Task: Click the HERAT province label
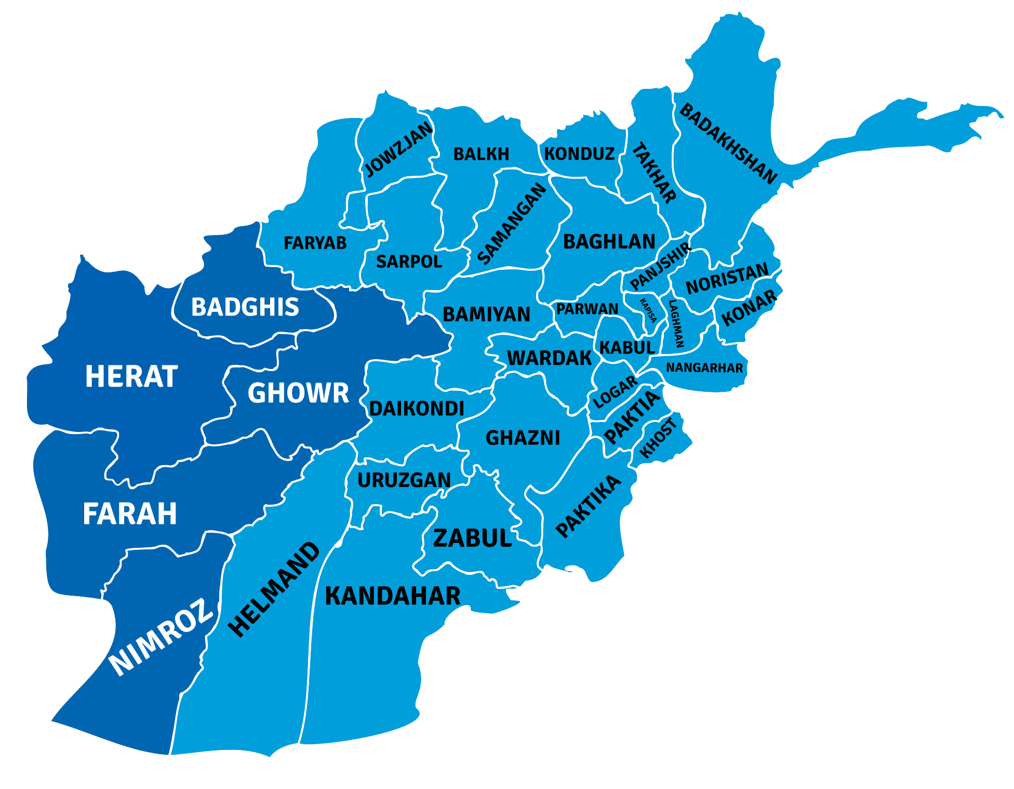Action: pyautogui.click(x=131, y=376)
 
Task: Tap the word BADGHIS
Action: pyautogui.click(x=245, y=307)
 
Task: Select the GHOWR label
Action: pyautogui.click(x=298, y=393)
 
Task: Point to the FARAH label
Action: pyautogui.click(x=130, y=514)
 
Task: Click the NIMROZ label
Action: pyautogui.click(x=161, y=637)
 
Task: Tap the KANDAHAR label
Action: pyautogui.click(x=392, y=596)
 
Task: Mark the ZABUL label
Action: pyautogui.click(x=472, y=538)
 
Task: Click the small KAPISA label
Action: pyautogui.click(x=648, y=310)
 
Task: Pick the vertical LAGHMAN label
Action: pyautogui.click(x=676, y=323)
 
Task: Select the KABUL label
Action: pyautogui.click(x=626, y=347)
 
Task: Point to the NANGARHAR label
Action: pyautogui.click(x=704, y=367)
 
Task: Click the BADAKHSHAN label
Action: pyautogui.click(x=728, y=143)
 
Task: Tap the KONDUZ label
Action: pyautogui.click(x=579, y=154)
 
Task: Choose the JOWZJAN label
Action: pyautogui.click(x=398, y=149)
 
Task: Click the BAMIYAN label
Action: pyautogui.click(x=486, y=314)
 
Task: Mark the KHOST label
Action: pyautogui.click(x=659, y=438)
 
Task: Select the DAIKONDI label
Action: pyautogui.click(x=417, y=409)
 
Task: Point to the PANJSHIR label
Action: pyautogui.click(x=660, y=266)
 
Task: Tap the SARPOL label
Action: pyautogui.click(x=409, y=261)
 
